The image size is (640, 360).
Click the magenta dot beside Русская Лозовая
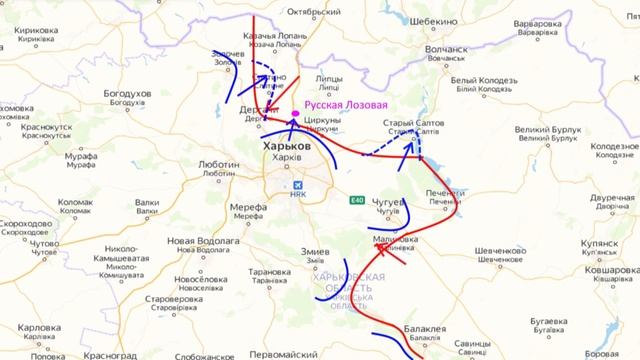pyautogui.click(x=293, y=113)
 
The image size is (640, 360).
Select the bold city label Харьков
pyautogui.click(x=285, y=146)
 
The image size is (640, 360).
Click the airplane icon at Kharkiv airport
pyautogui.click(x=297, y=186)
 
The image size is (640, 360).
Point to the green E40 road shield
pyautogui.click(x=357, y=201)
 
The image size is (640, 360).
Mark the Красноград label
pyautogui.click(x=110, y=354)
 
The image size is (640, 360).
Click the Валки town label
pyautogui.click(x=147, y=201)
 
